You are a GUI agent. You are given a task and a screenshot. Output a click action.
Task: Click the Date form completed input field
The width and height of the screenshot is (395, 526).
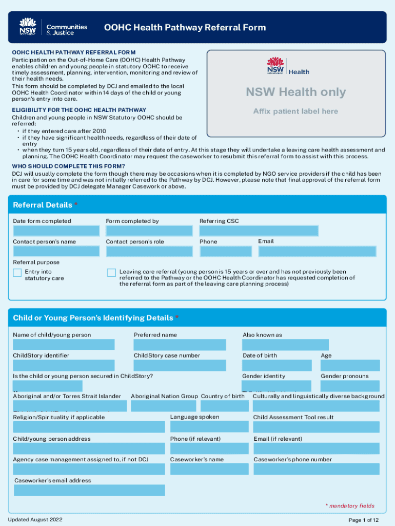coord(56,231)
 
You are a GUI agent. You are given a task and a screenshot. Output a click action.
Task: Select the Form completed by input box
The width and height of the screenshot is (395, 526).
coord(149,231)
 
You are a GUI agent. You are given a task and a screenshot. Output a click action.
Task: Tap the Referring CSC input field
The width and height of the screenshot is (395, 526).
coord(259,231)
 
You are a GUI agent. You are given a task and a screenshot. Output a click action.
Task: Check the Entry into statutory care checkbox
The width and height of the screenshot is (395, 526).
coord(17,273)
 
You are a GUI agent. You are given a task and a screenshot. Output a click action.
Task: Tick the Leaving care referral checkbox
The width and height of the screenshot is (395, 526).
coord(111,273)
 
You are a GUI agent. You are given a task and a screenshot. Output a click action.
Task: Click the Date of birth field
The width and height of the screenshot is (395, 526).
coord(277,365)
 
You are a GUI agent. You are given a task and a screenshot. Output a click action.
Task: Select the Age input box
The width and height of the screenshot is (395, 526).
coord(350,365)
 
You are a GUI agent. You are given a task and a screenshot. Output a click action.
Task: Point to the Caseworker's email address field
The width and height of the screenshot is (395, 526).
coord(89,490)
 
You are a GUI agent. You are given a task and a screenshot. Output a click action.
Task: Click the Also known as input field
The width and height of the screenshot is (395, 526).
coord(285,345)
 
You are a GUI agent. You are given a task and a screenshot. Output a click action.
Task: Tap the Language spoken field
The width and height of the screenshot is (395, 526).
coord(209,427)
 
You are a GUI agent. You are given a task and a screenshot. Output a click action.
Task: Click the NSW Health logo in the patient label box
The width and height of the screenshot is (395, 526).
coord(288,67)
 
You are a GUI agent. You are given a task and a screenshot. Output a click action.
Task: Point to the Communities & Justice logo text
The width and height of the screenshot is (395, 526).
coord(67,30)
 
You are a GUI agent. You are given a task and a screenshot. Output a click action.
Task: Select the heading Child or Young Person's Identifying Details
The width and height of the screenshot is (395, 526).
coord(93,318)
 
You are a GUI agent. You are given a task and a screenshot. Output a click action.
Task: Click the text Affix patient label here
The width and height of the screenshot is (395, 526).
coord(295,111)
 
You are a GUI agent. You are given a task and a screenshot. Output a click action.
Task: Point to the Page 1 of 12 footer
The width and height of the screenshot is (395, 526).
coord(364,520)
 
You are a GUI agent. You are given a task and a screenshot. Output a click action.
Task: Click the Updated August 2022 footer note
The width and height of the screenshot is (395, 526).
coord(35,520)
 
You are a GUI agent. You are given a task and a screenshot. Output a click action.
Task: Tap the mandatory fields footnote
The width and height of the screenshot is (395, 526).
coord(350,506)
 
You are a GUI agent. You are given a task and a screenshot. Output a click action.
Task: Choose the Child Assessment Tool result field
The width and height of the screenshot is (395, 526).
coord(316,427)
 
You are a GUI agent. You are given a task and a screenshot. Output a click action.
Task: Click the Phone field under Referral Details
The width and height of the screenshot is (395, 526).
coord(226,251)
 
